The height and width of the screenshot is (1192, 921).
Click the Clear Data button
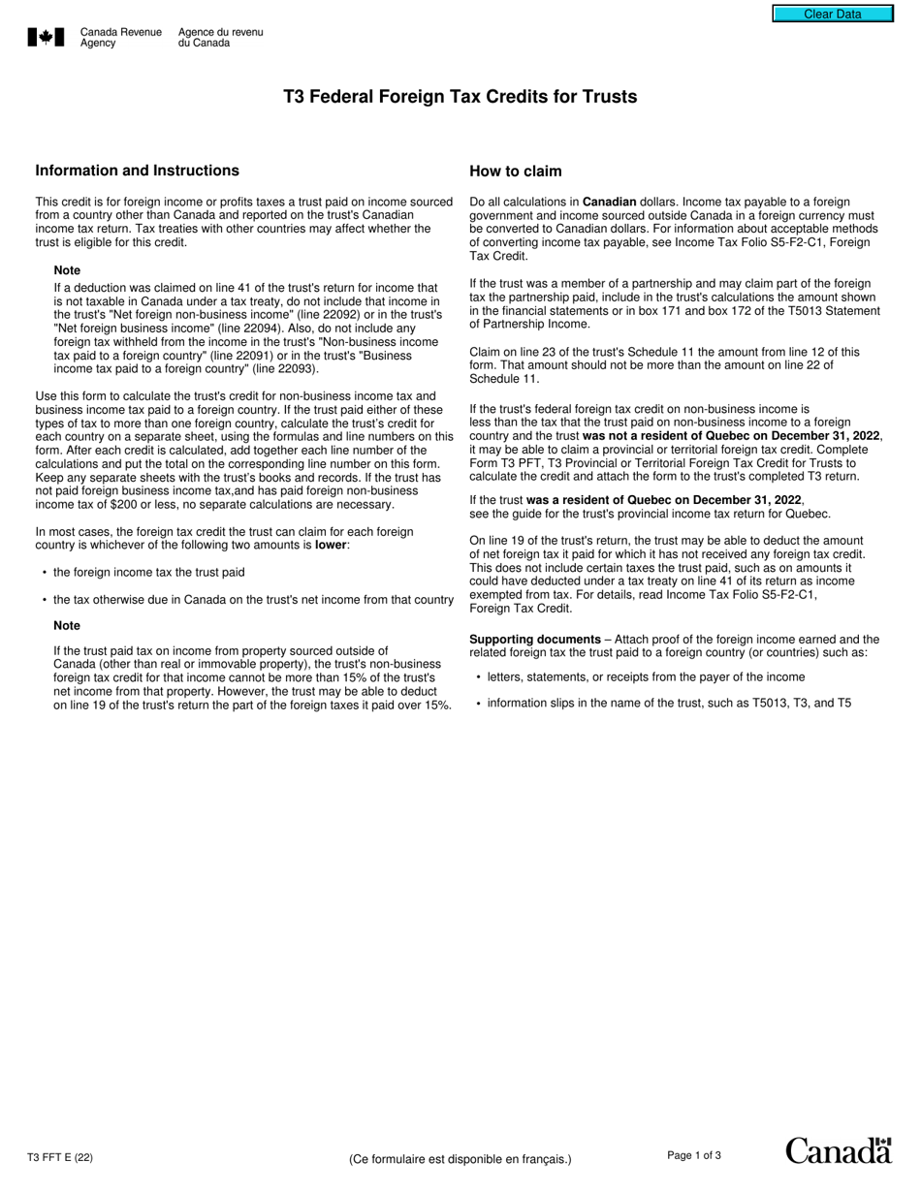(832, 14)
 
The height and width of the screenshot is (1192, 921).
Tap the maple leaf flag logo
(46, 38)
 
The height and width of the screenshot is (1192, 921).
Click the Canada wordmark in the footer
(838, 1150)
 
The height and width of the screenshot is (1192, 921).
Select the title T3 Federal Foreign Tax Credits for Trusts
(460, 97)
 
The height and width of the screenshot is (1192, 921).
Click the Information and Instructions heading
(137, 171)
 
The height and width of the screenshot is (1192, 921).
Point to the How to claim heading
(515, 172)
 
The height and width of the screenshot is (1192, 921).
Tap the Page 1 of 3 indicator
(694, 1155)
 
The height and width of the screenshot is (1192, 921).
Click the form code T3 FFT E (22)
(60, 1157)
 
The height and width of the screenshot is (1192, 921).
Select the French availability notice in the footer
(460, 1159)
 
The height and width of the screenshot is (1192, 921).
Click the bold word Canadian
(609, 202)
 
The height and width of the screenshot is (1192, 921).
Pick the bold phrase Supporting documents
(534, 640)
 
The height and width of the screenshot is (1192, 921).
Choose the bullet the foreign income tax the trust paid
(148, 573)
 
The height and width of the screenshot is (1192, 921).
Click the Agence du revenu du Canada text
(220, 38)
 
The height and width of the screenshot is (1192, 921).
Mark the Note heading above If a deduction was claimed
(67, 270)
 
